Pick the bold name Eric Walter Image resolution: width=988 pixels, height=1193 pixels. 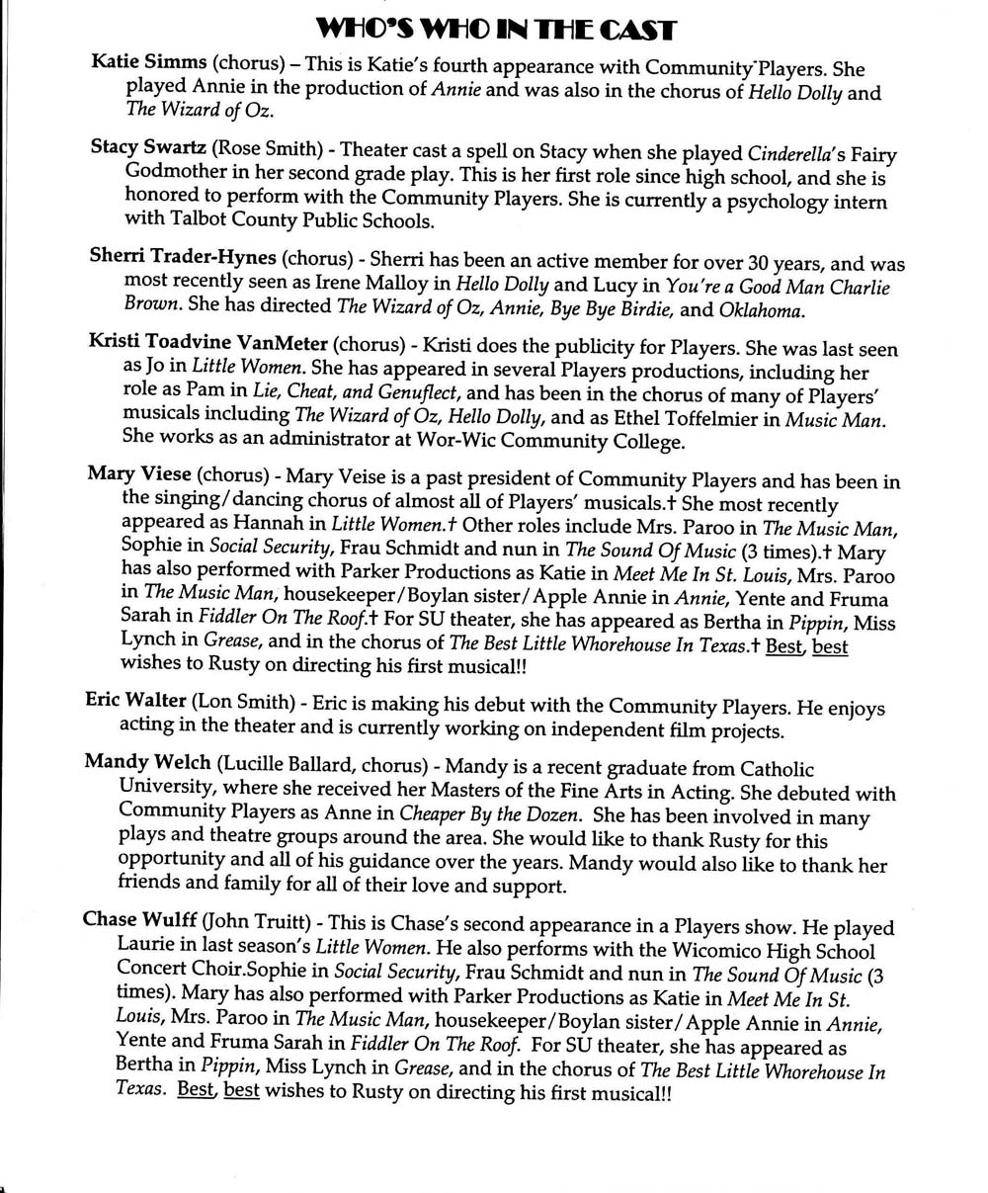136,701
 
